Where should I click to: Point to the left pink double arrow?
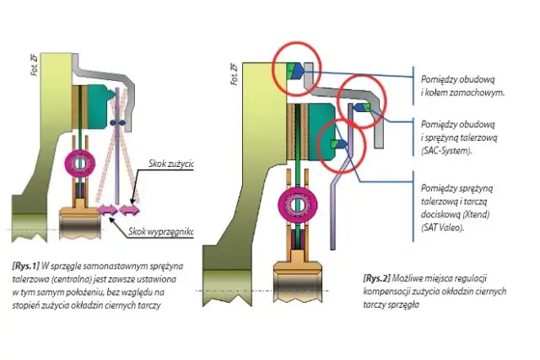108,210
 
